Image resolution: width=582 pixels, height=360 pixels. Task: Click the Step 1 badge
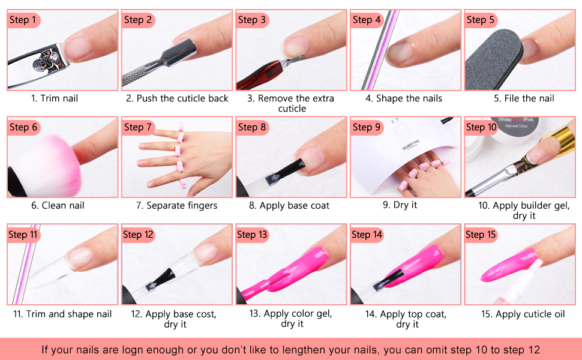(23, 20)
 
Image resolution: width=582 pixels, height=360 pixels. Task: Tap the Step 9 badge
(367, 127)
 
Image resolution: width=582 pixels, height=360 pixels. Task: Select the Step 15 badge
(481, 234)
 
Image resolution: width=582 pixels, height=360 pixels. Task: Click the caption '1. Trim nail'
(55, 98)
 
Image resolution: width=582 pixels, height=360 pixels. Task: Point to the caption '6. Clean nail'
(58, 205)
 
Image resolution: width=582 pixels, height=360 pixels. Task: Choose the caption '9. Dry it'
(400, 205)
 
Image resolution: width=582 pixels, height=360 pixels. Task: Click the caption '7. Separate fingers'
(176, 205)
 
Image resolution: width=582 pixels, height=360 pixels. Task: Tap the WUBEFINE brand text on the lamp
(411, 145)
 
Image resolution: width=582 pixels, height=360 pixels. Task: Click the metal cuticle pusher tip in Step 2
(181, 51)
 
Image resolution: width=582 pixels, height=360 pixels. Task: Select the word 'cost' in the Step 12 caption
(206, 314)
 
